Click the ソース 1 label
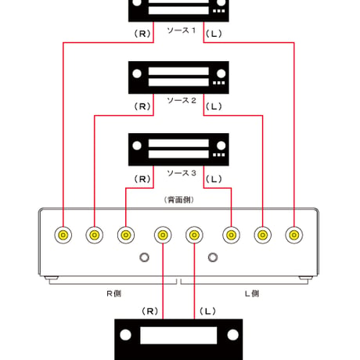tap(182, 31)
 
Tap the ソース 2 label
tap(182, 100)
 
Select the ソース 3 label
tap(182, 173)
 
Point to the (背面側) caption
tap(179, 200)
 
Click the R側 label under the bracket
tap(114, 293)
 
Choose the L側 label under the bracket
tap(252, 293)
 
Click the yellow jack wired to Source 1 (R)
tap(63, 235)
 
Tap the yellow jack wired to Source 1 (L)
tap(294, 235)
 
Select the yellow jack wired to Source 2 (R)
tap(95, 235)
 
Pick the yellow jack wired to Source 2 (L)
tap(263, 235)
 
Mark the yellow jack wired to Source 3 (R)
tap(126, 235)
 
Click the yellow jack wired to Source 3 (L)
tap(232, 235)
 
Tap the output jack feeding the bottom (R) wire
tap(163, 235)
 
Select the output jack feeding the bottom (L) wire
tap(194, 235)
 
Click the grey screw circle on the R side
tap(144, 257)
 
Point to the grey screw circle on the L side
tap(213, 257)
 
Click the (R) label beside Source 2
tap(142, 106)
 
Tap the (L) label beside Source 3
tap(214, 179)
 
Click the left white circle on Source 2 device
tap(137, 74)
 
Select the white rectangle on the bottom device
tap(178, 336)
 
